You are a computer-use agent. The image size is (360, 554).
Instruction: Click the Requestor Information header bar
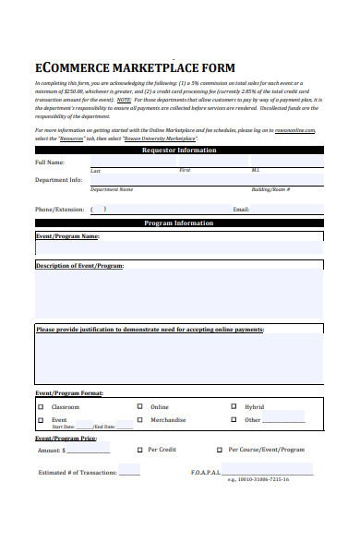pos(179,150)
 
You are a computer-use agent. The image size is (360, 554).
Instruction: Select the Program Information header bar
pos(179,223)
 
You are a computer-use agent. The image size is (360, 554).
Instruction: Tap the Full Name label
pos(50,163)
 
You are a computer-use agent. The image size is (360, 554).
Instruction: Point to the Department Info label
pos(59,180)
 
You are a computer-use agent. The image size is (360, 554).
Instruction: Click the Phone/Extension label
pos(60,209)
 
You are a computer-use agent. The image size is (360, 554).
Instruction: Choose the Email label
pos(241,210)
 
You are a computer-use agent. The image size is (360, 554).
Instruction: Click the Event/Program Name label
pos(66,236)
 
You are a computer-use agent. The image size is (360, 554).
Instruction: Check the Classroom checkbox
pos(40,406)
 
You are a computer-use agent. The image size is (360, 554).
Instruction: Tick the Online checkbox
pos(140,406)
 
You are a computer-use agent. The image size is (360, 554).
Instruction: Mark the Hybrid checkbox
pos(234,406)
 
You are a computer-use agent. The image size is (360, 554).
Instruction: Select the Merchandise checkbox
pos(140,420)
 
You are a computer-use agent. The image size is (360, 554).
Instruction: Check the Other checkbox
pos(234,420)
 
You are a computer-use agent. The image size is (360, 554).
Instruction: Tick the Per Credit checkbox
pos(140,450)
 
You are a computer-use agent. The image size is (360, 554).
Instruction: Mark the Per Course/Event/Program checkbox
pos(219,451)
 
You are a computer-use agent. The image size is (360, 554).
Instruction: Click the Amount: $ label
pos(51,451)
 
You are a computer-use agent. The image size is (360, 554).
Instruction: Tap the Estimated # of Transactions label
pos(77,473)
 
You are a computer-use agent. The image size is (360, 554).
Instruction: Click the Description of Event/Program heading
pos(79,266)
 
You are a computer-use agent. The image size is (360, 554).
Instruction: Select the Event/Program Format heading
pos(69,393)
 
